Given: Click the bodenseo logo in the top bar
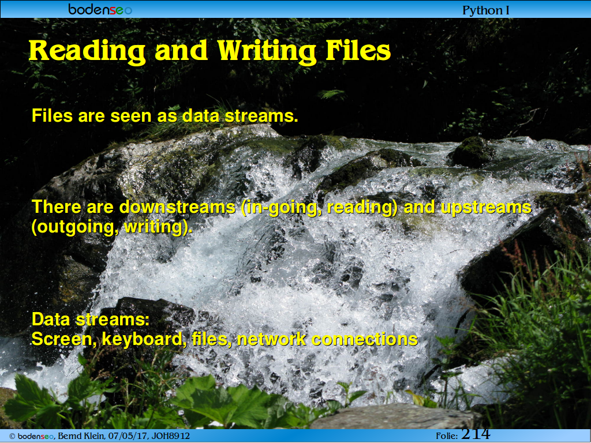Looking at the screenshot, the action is [100, 9].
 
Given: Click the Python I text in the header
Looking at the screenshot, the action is [485, 10].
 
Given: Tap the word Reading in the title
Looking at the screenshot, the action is [87, 51].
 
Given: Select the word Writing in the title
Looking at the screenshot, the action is [267, 51].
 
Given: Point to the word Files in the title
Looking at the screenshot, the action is [358, 50].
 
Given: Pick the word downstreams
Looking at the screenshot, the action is [178, 207].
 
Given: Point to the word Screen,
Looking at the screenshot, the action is [65, 339].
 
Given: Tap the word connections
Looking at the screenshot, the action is [365, 339].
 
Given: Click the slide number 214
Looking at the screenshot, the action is [476, 434].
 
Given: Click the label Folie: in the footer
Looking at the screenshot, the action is [447, 436].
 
